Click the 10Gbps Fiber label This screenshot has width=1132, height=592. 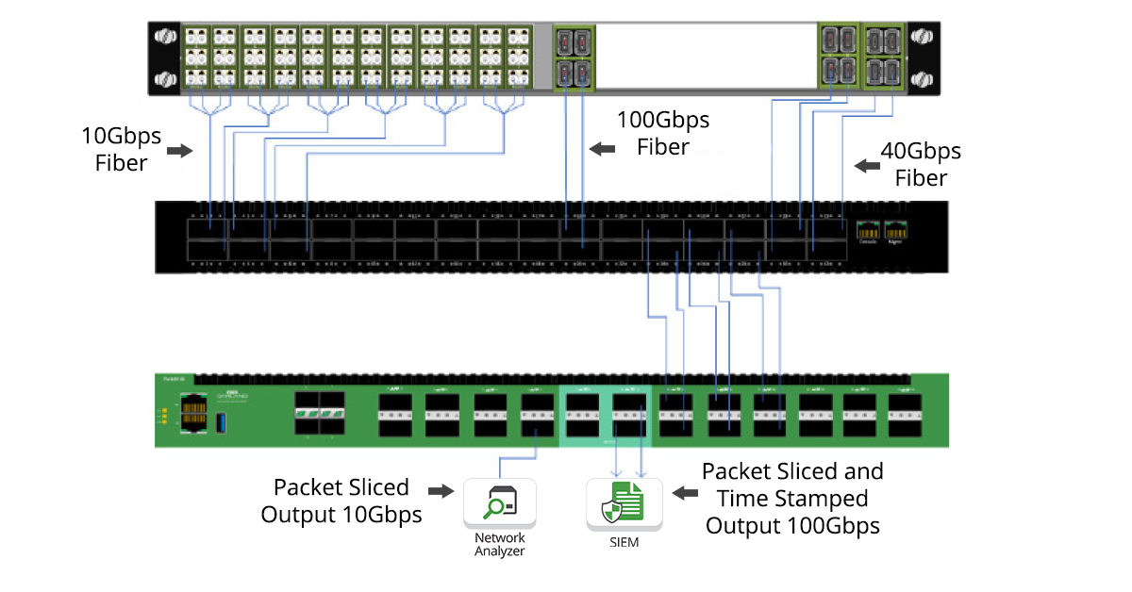[x=121, y=150]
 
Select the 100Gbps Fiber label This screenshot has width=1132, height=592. [x=662, y=134]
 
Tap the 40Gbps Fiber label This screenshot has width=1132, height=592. [x=920, y=164]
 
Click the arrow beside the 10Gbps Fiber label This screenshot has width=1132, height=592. [x=179, y=151]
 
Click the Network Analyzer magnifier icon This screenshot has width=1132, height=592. [x=498, y=503]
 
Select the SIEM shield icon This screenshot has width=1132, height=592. [x=624, y=503]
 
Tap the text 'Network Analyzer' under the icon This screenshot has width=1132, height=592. [x=499, y=545]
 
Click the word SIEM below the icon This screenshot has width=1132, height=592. [x=624, y=542]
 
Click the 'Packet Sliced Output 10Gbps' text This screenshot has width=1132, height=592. [x=341, y=501]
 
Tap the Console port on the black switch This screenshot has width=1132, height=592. [x=867, y=230]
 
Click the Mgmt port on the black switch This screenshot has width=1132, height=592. [x=895, y=230]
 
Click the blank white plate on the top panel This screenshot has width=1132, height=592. [x=706, y=56]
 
